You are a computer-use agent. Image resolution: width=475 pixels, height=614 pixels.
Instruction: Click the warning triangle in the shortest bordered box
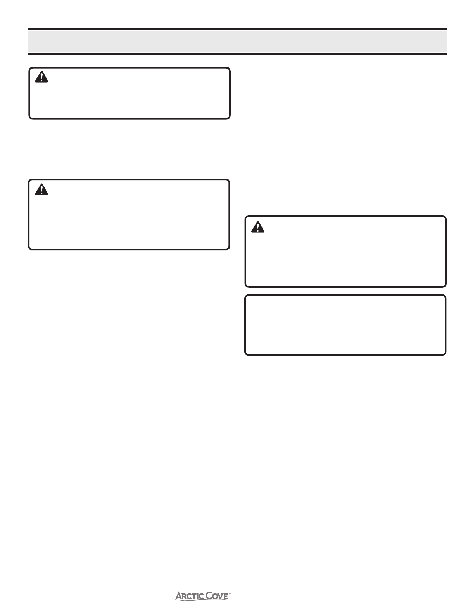click(41, 77)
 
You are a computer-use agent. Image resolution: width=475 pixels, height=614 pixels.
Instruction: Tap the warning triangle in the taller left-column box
click(41, 189)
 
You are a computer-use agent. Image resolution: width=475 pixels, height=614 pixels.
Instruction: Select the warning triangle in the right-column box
click(257, 227)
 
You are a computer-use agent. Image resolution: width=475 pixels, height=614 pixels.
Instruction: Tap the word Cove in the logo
click(217, 596)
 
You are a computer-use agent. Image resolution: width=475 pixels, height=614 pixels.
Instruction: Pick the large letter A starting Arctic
click(179, 596)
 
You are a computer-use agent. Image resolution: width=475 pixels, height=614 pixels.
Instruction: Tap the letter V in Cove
click(221, 597)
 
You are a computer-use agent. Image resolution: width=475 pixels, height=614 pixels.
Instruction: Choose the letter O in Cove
click(216, 597)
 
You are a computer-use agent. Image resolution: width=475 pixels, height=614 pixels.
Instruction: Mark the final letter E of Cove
click(226, 597)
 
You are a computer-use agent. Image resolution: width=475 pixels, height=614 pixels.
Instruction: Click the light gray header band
click(237, 41)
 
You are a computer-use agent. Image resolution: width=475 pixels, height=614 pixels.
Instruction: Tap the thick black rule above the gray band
click(237, 29)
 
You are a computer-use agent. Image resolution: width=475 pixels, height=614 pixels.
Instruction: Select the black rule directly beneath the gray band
click(237, 54)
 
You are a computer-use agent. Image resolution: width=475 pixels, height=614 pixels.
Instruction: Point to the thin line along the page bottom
click(237, 614)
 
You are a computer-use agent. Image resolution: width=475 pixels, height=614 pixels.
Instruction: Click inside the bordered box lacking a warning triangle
click(345, 325)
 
